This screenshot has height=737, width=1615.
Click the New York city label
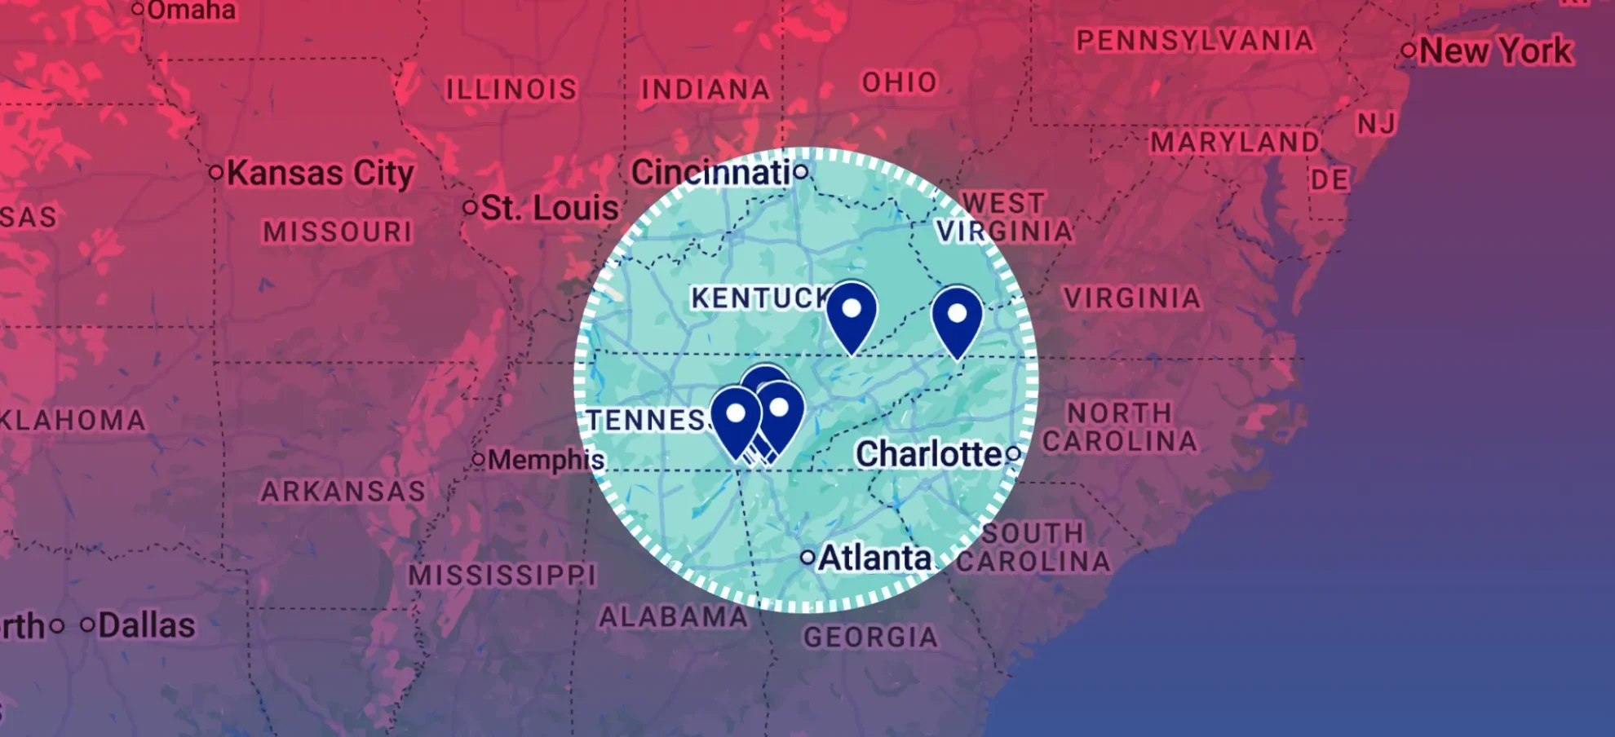1495,51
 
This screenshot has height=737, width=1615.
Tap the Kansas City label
320,173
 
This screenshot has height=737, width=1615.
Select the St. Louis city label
549,208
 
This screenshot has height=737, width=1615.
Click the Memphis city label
546,460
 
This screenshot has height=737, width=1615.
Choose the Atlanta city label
874,558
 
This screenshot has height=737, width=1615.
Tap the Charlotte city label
929,454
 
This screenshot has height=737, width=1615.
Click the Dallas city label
146,626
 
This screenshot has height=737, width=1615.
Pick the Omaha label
191,11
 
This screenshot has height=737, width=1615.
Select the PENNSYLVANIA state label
1194,40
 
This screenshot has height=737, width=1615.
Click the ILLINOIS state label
511,89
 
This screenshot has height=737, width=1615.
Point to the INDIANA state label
705,89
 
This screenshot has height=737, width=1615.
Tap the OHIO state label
900,82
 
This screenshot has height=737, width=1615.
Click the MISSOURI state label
338,232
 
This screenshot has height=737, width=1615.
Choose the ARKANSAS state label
343,492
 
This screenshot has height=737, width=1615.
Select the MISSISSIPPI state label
502,576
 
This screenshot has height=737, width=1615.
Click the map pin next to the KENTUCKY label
852,312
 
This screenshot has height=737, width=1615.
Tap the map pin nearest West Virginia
957,316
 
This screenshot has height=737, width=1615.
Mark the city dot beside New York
1409,50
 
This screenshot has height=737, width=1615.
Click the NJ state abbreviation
1376,124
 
